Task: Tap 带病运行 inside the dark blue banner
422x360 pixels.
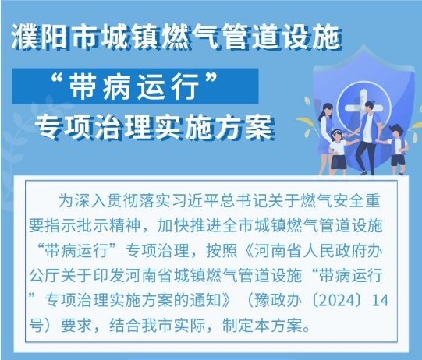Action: point(133,86)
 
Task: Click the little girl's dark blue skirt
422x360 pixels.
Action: point(339,161)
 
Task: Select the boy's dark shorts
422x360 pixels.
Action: point(398,160)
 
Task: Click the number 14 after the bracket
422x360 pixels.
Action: point(380,300)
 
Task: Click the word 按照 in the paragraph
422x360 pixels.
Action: point(222,251)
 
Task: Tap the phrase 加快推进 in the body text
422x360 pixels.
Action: point(190,225)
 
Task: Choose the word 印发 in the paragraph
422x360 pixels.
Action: point(108,276)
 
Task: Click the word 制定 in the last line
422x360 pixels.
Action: point(238,326)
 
